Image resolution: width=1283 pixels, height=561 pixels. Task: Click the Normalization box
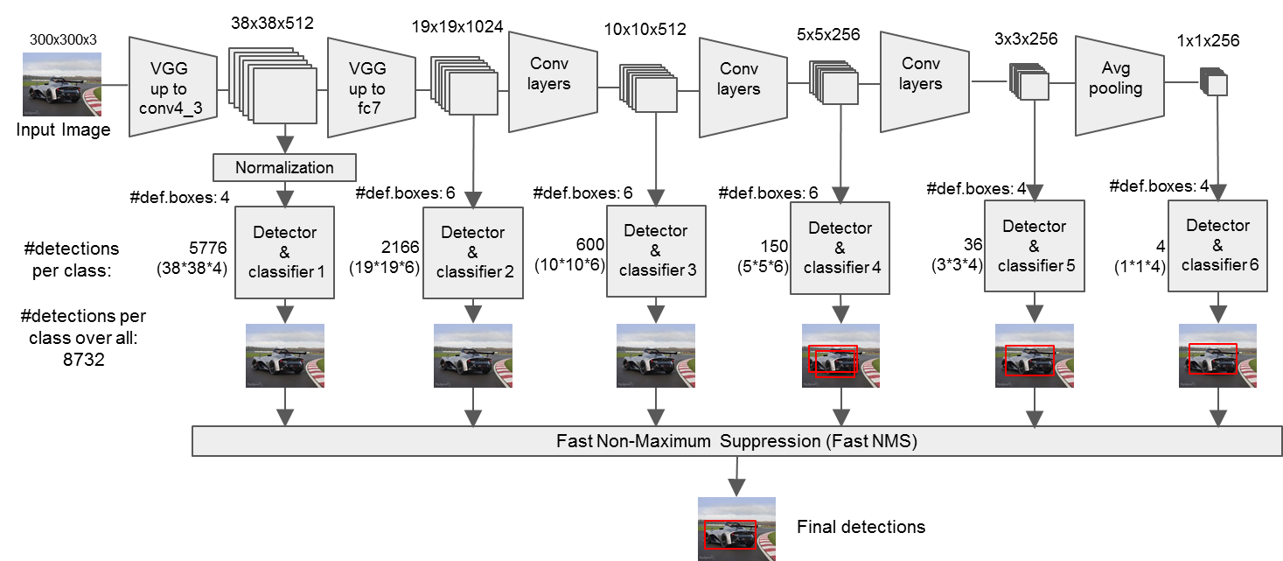coord(284,167)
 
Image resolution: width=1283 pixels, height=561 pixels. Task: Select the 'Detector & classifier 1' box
coord(284,252)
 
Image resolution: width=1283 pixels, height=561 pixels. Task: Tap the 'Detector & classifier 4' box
coord(840,248)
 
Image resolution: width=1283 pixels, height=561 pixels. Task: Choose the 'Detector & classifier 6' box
coord(1218,244)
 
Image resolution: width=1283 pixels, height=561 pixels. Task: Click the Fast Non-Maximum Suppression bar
coord(736,441)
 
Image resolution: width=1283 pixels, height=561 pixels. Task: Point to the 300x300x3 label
coord(63,39)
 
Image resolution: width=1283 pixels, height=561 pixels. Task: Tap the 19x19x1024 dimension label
coord(457,26)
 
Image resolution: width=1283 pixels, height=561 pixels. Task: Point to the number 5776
coord(208,249)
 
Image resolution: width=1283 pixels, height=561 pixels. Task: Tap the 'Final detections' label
coord(861,527)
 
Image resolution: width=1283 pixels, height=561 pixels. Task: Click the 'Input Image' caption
coord(63,130)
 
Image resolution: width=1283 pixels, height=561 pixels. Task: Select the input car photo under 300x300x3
coord(62,84)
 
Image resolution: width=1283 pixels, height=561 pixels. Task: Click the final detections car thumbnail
coord(736,528)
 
